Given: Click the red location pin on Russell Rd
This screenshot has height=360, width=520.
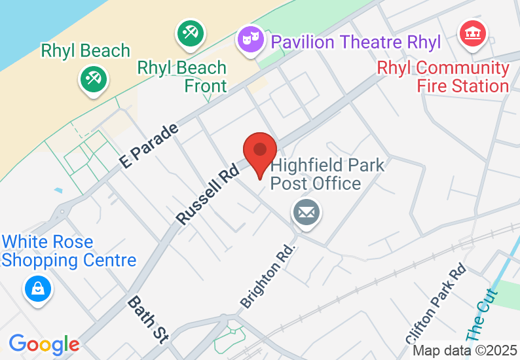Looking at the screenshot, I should tap(260, 153).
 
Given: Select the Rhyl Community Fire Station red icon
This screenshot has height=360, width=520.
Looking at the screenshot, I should tap(474, 32).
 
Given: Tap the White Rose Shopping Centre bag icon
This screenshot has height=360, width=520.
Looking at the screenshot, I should tap(39, 287).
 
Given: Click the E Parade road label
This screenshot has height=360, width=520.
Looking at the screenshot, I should tap(149, 145).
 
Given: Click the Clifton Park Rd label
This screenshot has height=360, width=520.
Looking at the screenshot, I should tap(436, 303).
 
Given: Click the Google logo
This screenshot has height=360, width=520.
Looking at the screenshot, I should tap(44, 344).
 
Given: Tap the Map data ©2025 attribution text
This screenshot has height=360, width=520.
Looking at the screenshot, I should tap(464, 351).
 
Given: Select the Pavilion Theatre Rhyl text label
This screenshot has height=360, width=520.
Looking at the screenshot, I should tap(356, 43).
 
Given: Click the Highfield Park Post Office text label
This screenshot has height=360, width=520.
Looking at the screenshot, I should tap(327, 173).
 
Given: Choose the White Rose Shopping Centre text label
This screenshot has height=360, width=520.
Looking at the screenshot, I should tap(69, 251).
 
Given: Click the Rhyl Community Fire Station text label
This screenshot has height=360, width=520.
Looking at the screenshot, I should tap(443, 77).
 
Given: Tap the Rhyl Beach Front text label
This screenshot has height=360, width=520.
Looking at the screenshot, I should tap(182, 77).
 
